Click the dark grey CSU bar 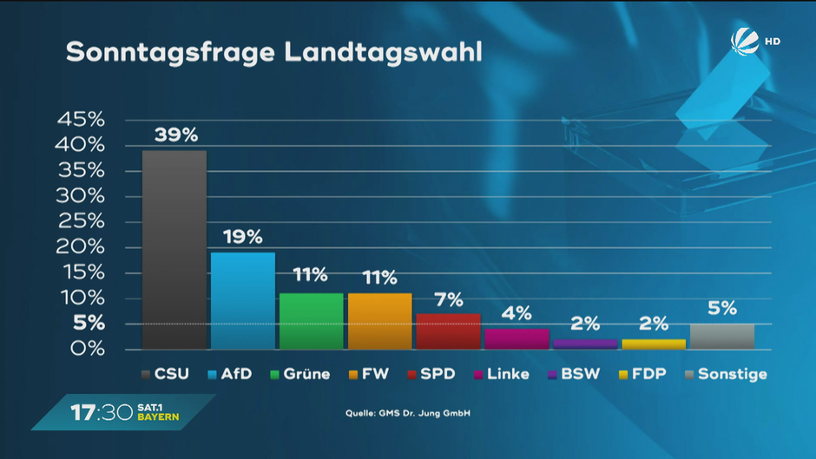[174, 250]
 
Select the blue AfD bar [243, 300]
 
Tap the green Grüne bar [311, 321]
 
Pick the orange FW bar [379, 321]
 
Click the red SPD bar [448, 331]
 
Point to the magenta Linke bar [517, 338]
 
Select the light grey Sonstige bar [722, 336]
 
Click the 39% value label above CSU [176, 135]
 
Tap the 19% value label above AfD [242, 237]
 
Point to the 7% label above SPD [448, 298]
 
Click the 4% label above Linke [517, 313]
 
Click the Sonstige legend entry [725, 375]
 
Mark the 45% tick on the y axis [81, 120]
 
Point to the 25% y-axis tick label [81, 221]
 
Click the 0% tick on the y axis [87, 349]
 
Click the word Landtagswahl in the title [383, 52]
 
